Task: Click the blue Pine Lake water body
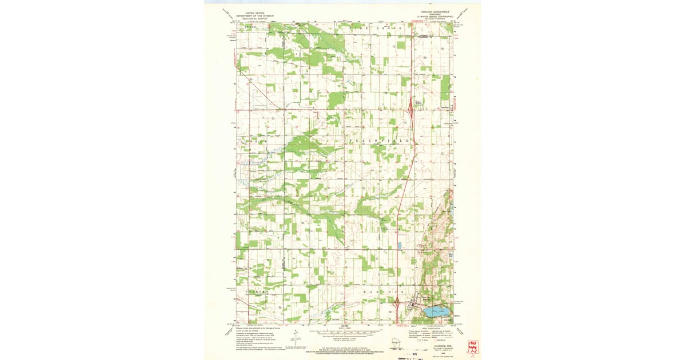[x=437, y=313]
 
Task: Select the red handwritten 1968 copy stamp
[x=472, y=346]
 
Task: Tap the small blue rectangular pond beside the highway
[x=399, y=245]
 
